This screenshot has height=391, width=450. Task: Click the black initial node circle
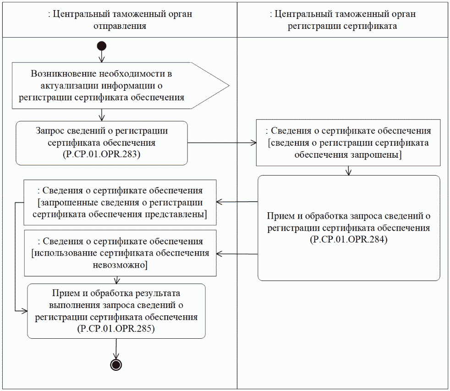[102, 46]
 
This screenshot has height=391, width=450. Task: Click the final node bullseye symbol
[115, 364]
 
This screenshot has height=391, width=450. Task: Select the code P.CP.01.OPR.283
[101, 154]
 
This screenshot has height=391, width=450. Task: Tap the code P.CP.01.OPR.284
[349, 239]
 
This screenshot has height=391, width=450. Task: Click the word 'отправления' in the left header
[120, 26]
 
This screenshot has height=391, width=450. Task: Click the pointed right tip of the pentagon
[228, 85]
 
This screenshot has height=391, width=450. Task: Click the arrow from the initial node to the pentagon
[102, 56]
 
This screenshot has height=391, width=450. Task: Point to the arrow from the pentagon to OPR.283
[102, 115]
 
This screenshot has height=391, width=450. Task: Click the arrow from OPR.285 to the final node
[115, 349]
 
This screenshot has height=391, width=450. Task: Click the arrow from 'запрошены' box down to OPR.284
[349, 170]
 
